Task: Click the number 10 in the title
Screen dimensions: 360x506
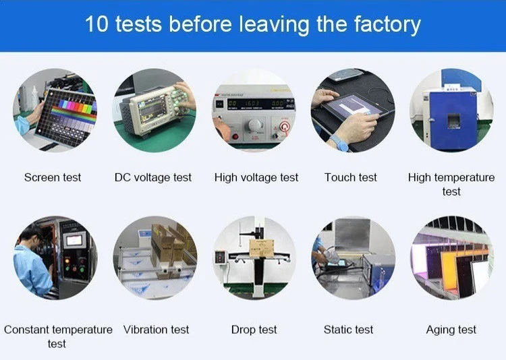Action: point(96,25)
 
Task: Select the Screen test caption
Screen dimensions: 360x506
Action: point(53,177)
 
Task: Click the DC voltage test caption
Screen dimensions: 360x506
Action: point(153,177)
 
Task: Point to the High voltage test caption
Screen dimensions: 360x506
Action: point(256,177)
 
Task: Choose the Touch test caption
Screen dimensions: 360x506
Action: point(351,177)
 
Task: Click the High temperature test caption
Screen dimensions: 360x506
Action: point(451,184)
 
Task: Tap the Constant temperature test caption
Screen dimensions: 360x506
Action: point(58,336)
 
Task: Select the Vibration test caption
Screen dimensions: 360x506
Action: point(157,330)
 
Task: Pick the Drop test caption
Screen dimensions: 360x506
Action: point(254,330)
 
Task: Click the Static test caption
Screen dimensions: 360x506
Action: point(348,330)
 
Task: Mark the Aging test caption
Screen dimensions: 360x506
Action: point(451,330)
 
